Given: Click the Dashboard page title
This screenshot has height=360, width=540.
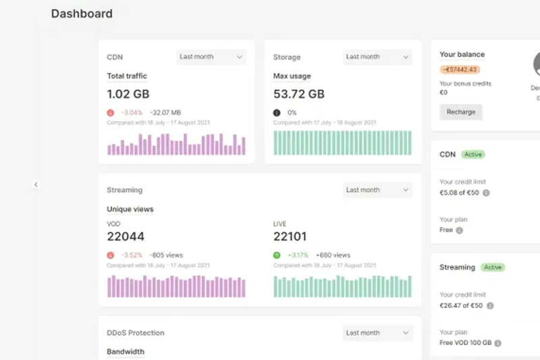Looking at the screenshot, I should (82, 14).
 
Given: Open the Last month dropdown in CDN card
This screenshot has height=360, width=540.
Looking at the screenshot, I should (211, 57).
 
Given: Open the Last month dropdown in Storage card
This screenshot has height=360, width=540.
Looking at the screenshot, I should (377, 57).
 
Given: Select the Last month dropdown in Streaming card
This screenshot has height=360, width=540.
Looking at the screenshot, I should (377, 190).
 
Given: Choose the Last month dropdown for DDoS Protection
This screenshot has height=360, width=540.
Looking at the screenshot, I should (377, 332).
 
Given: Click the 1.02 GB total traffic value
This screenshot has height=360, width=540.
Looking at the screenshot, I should (128, 94).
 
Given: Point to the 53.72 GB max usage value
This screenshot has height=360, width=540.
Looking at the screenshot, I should (298, 94).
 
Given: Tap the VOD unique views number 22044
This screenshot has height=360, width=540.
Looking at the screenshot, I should (126, 236).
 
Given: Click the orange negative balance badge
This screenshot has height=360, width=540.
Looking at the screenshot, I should (460, 70).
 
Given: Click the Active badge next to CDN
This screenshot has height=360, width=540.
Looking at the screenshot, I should (473, 155).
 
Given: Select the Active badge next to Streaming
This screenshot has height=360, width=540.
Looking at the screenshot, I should (493, 267).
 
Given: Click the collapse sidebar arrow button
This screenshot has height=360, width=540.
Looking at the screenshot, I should (36, 184).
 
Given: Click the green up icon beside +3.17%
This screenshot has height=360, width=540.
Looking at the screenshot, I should (277, 255).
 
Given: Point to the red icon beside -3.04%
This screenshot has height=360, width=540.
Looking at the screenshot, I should (111, 113).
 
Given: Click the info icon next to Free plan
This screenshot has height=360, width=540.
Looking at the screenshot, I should (460, 230).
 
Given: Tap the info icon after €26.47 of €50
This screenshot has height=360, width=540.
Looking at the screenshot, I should (490, 305).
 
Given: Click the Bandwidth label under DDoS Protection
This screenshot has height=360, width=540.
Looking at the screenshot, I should (126, 351).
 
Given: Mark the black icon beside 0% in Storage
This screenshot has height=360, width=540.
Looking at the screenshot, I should (277, 113).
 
